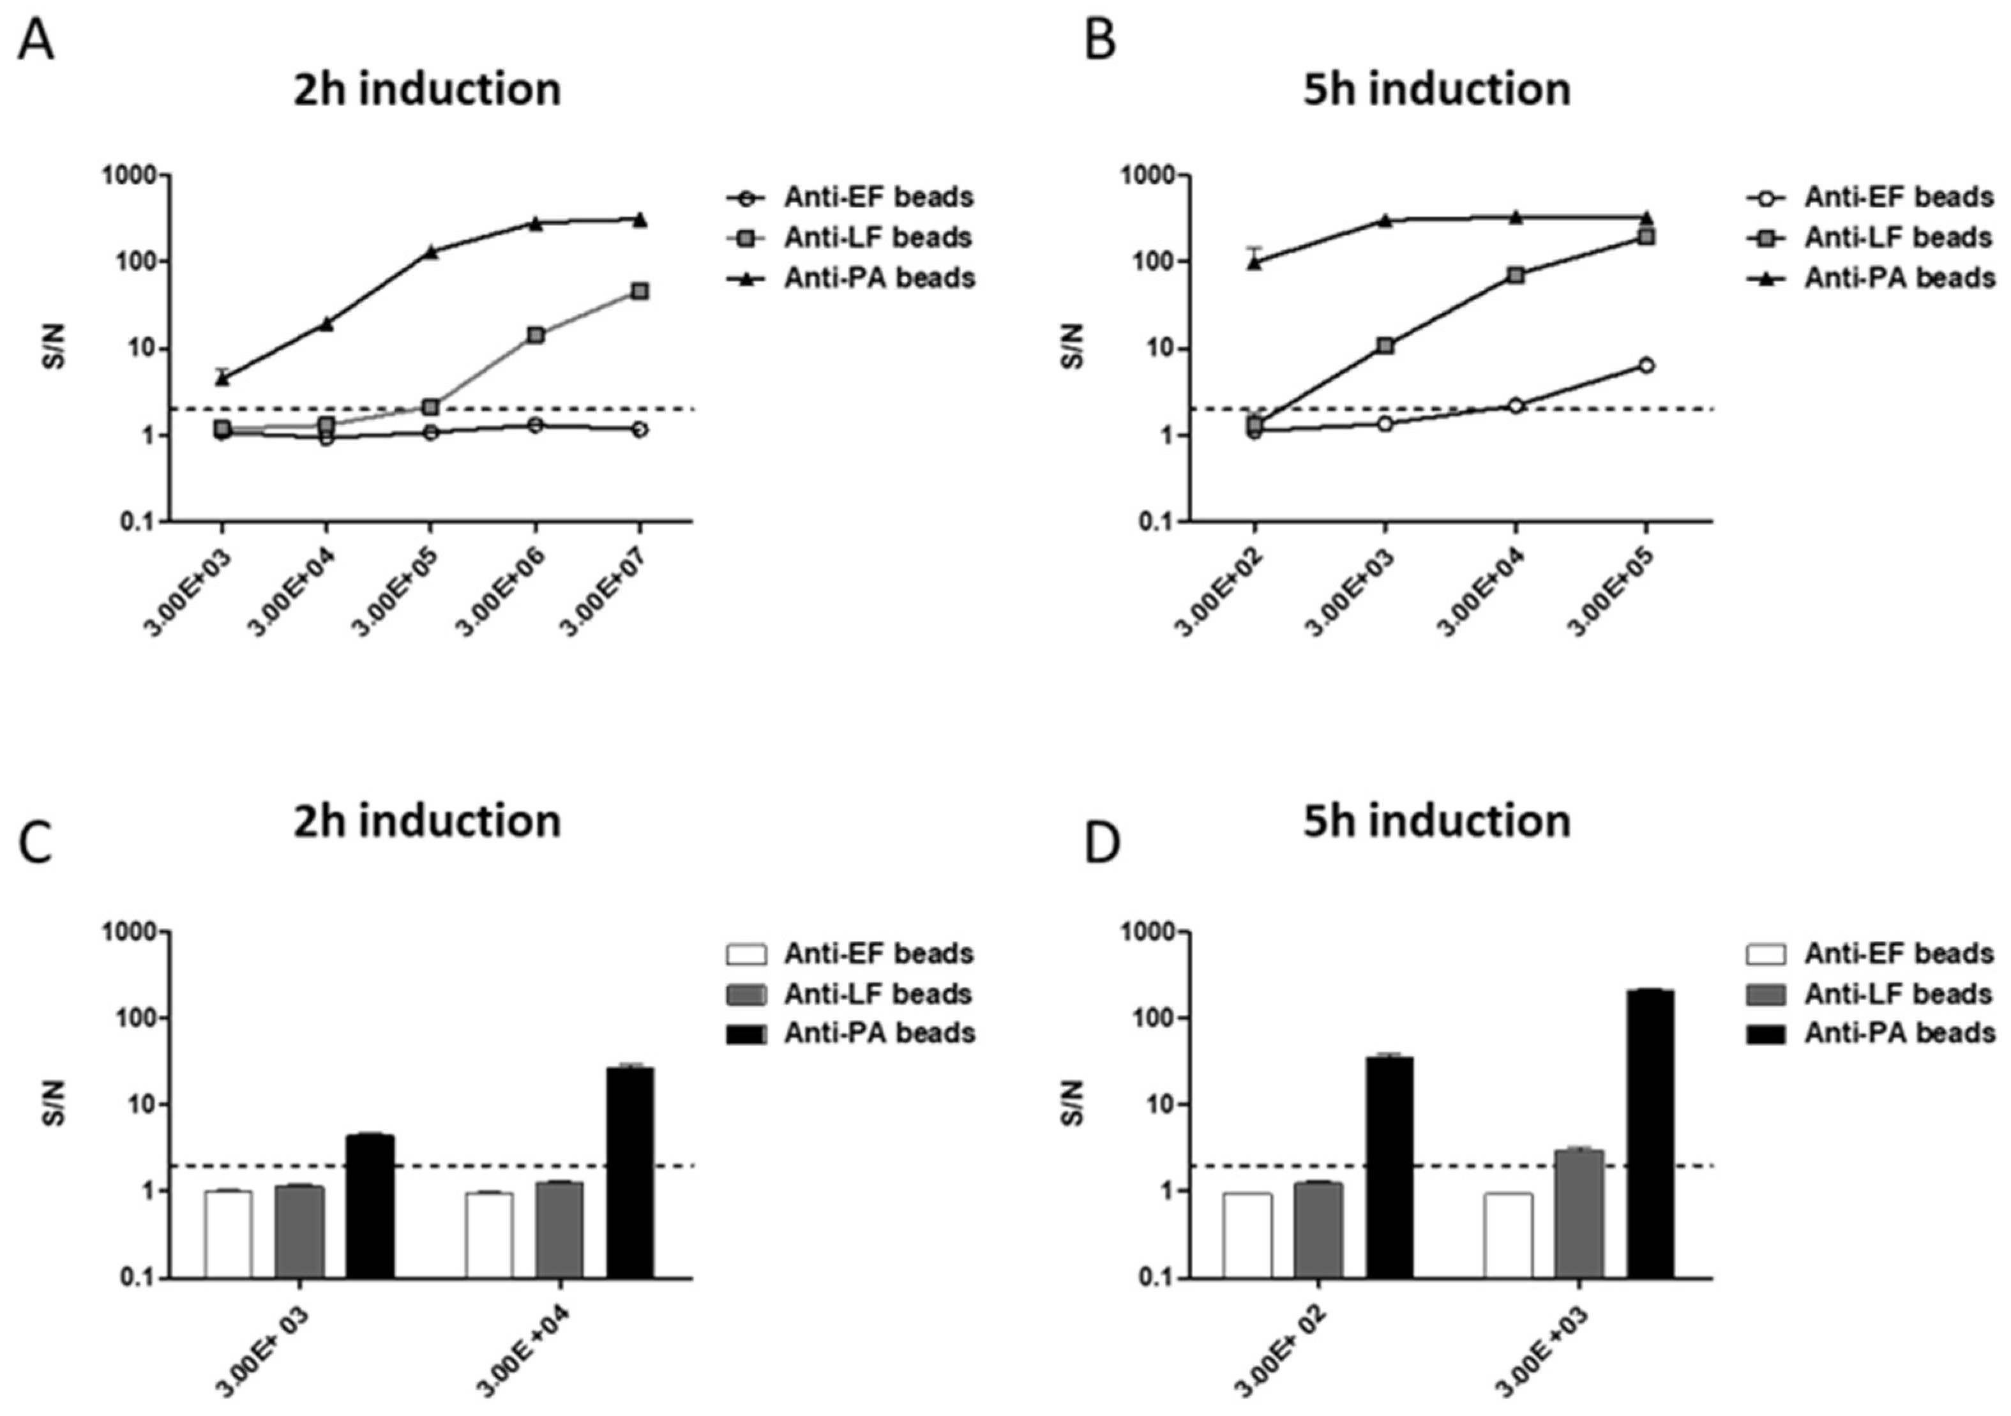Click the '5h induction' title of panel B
[x=1436, y=90]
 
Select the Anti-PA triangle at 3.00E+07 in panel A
[x=640, y=219]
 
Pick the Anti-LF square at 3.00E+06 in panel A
[x=535, y=335]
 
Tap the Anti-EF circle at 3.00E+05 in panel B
[x=1646, y=365]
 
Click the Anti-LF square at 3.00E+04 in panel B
[x=1516, y=275]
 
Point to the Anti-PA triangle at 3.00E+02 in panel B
[x=1254, y=262]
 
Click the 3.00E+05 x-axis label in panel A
[x=394, y=591]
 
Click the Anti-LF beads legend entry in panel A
[x=878, y=237]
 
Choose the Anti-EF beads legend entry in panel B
[x=1898, y=197]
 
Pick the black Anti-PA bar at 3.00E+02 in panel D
[x=1389, y=1166]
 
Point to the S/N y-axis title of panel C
[x=55, y=1104]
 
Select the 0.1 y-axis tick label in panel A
[x=139, y=522]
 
